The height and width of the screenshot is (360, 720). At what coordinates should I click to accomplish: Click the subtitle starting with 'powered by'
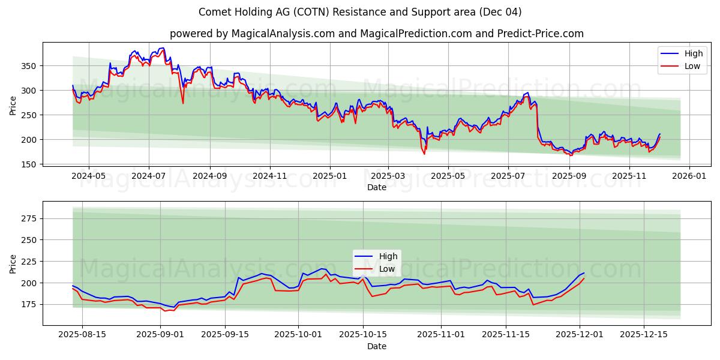point(376,34)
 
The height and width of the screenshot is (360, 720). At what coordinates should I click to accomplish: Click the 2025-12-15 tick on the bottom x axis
point(644,334)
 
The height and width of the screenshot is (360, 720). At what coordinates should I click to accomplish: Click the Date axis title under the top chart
point(376,188)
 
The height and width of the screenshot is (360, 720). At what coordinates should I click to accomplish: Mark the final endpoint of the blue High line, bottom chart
point(584,273)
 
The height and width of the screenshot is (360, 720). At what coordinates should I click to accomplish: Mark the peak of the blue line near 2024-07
point(162,48)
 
